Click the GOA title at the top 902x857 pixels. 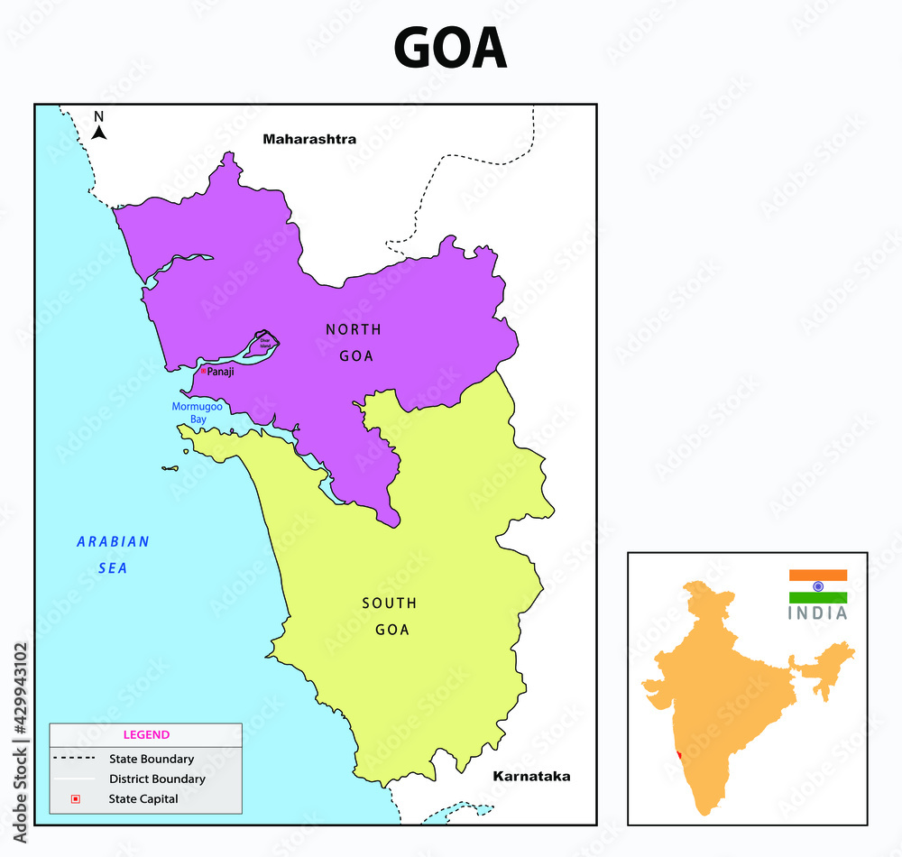click(x=450, y=49)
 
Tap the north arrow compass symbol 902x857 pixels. click(x=99, y=127)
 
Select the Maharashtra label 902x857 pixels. click(x=309, y=139)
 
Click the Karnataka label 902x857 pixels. click(x=531, y=776)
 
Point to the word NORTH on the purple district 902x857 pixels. click(x=354, y=330)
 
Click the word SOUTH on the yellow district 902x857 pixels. click(x=390, y=603)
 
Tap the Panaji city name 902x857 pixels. click(x=220, y=372)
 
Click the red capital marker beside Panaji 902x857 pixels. click(x=204, y=371)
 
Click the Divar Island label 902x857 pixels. click(x=265, y=342)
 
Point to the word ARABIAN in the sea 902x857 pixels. click(x=113, y=542)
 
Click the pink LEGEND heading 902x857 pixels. click(x=146, y=734)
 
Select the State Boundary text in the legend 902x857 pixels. click(x=152, y=759)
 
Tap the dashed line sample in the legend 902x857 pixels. click(x=75, y=759)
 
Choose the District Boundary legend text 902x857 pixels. click(x=157, y=779)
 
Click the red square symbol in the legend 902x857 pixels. click(x=76, y=798)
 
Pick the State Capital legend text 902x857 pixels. click(x=143, y=798)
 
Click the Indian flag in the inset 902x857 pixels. click(x=818, y=586)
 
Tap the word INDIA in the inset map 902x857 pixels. click(x=818, y=613)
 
